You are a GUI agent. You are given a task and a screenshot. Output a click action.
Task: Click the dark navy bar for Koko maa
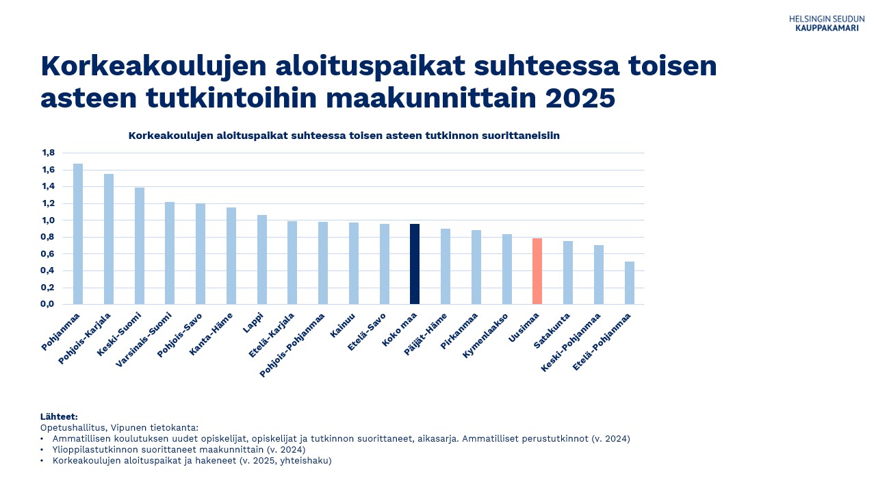(x=415, y=264)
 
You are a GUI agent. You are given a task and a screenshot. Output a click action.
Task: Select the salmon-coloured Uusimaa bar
(x=537, y=271)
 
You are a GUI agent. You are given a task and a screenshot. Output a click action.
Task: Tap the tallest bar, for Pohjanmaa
(x=78, y=234)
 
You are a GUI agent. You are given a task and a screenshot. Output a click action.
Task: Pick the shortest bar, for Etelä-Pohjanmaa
(x=630, y=283)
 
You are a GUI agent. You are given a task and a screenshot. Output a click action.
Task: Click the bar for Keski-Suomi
(x=140, y=246)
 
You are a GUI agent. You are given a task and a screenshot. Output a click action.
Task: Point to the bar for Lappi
(x=262, y=260)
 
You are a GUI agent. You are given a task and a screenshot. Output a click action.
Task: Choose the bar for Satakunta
(x=568, y=273)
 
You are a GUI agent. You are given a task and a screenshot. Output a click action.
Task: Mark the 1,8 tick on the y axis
(x=49, y=153)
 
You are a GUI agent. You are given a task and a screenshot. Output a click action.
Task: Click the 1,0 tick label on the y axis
(x=49, y=220)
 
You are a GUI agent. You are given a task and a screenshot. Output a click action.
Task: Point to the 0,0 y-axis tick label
(x=47, y=304)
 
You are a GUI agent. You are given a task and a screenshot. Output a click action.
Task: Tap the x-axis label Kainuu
(x=343, y=325)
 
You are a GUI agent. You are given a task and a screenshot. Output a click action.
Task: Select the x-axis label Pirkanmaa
(x=459, y=331)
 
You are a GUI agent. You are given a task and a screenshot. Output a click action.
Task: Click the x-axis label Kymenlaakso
(x=485, y=336)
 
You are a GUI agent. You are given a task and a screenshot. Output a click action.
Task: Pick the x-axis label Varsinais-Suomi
(x=144, y=340)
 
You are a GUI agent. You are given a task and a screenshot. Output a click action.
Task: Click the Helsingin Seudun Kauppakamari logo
(x=826, y=23)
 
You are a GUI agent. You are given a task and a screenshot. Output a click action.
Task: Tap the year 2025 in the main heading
(x=580, y=98)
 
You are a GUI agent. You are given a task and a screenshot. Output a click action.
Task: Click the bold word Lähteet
(x=59, y=417)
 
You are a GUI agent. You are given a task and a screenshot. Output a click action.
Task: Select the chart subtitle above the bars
(x=344, y=136)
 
